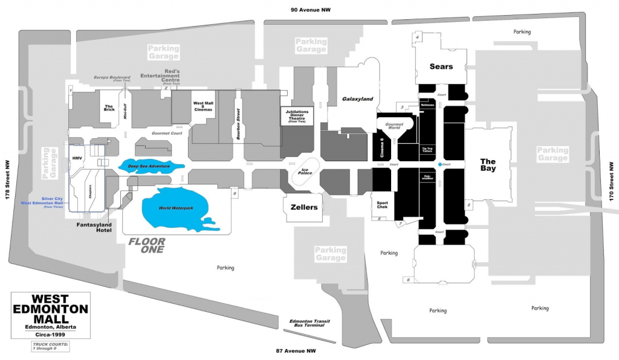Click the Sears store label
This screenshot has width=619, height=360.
pyautogui.click(x=441, y=66)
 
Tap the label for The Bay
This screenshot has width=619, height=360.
pyautogui.click(x=488, y=165)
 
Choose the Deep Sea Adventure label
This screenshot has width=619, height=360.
pyautogui.click(x=148, y=166)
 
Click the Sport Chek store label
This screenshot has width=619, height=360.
pyautogui.click(x=381, y=205)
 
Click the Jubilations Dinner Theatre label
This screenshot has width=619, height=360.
pyautogui.click(x=297, y=115)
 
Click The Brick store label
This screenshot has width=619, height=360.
pyautogui.click(x=109, y=107)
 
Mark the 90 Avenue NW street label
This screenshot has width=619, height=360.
pyautogui.click(x=311, y=10)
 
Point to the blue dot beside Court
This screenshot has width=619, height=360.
pyautogui.click(x=440, y=164)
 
